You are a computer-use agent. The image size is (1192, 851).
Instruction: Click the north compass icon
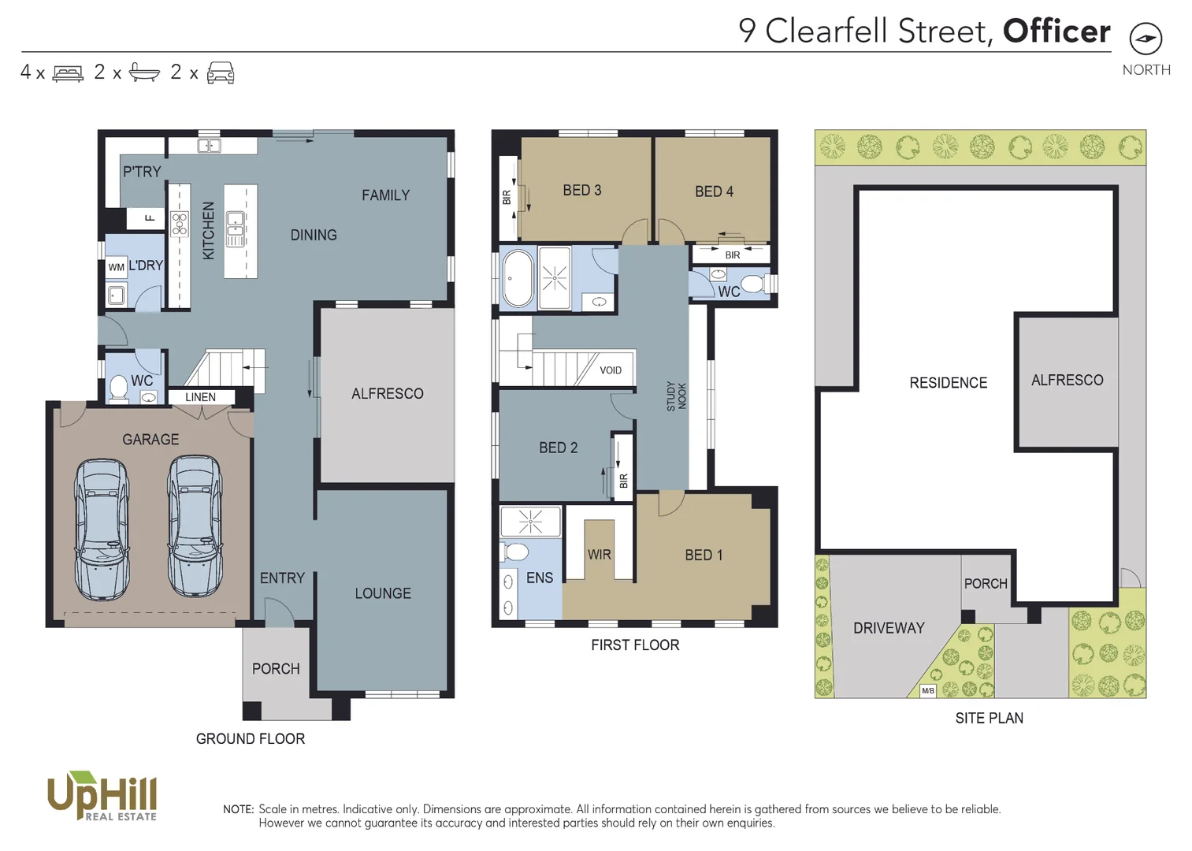point(1146,39)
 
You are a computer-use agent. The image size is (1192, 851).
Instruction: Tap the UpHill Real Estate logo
point(102,796)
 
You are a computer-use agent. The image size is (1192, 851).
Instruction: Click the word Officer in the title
point(1056,32)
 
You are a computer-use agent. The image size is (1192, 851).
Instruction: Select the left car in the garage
point(102,530)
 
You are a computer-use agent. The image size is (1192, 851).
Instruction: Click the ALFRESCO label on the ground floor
point(387,393)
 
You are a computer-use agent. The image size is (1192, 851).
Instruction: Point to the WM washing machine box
point(117,267)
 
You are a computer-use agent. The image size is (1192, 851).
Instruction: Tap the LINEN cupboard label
point(200,397)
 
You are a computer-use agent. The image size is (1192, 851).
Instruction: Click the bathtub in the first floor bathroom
point(518,278)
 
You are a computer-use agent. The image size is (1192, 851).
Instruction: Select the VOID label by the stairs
point(611,370)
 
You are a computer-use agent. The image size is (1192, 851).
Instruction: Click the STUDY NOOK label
point(676,396)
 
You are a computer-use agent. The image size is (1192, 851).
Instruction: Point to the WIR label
point(599,555)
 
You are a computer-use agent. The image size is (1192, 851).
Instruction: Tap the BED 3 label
point(581,191)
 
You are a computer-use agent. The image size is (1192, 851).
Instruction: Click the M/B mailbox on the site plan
point(928,691)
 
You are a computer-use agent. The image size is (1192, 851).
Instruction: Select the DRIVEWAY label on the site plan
point(889,628)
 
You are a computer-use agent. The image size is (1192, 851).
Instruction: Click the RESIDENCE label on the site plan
point(948,383)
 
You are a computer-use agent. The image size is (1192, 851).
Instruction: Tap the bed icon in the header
point(68,73)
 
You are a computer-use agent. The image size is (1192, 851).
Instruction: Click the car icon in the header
point(221,72)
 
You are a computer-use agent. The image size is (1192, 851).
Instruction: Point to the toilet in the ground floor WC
point(119,388)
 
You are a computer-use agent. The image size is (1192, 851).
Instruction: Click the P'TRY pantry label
point(142,172)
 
